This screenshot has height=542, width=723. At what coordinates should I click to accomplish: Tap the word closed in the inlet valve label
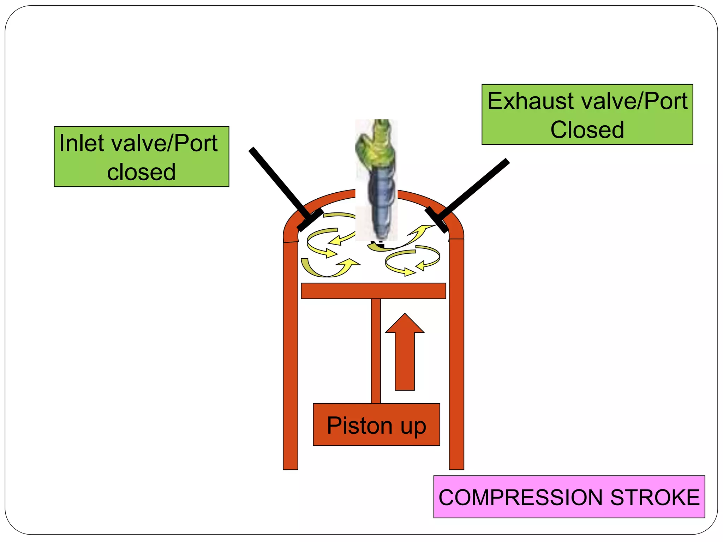click(141, 172)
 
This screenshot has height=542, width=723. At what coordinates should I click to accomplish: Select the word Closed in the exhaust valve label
click(587, 130)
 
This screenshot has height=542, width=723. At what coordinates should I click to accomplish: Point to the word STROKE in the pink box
click(655, 498)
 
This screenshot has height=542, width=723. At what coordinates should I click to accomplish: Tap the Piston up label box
click(376, 424)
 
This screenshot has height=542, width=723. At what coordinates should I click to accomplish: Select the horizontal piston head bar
click(373, 291)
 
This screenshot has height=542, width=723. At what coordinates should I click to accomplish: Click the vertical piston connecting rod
click(376, 351)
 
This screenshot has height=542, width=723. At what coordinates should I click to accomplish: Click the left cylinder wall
click(291, 353)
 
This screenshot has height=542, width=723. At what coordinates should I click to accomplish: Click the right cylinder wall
click(456, 353)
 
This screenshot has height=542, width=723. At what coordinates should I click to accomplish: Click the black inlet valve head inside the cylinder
click(310, 220)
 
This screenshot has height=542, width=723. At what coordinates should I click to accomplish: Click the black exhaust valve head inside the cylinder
click(436, 220)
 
